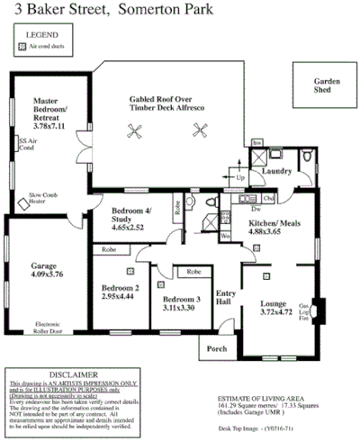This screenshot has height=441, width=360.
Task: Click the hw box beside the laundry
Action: point(256,144)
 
